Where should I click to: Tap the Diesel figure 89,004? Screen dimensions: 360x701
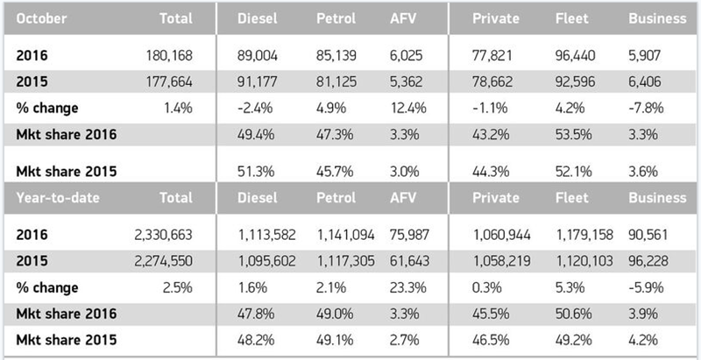tap(258, 54)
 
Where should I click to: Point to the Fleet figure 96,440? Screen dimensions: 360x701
tap(578, 54)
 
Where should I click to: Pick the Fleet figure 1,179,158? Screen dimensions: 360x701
tap(587, 235)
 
